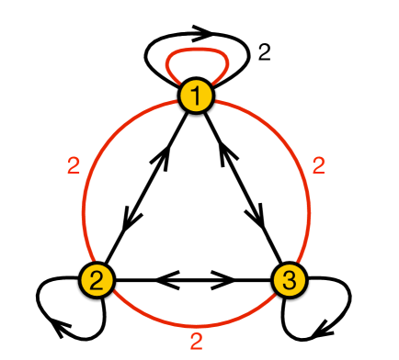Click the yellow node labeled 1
point(196,94)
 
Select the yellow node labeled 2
point(97,278)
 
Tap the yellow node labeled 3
point(288,278)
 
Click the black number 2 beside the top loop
point(264,53)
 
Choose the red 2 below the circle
point(196,343)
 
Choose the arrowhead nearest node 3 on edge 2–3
point(225,278)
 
